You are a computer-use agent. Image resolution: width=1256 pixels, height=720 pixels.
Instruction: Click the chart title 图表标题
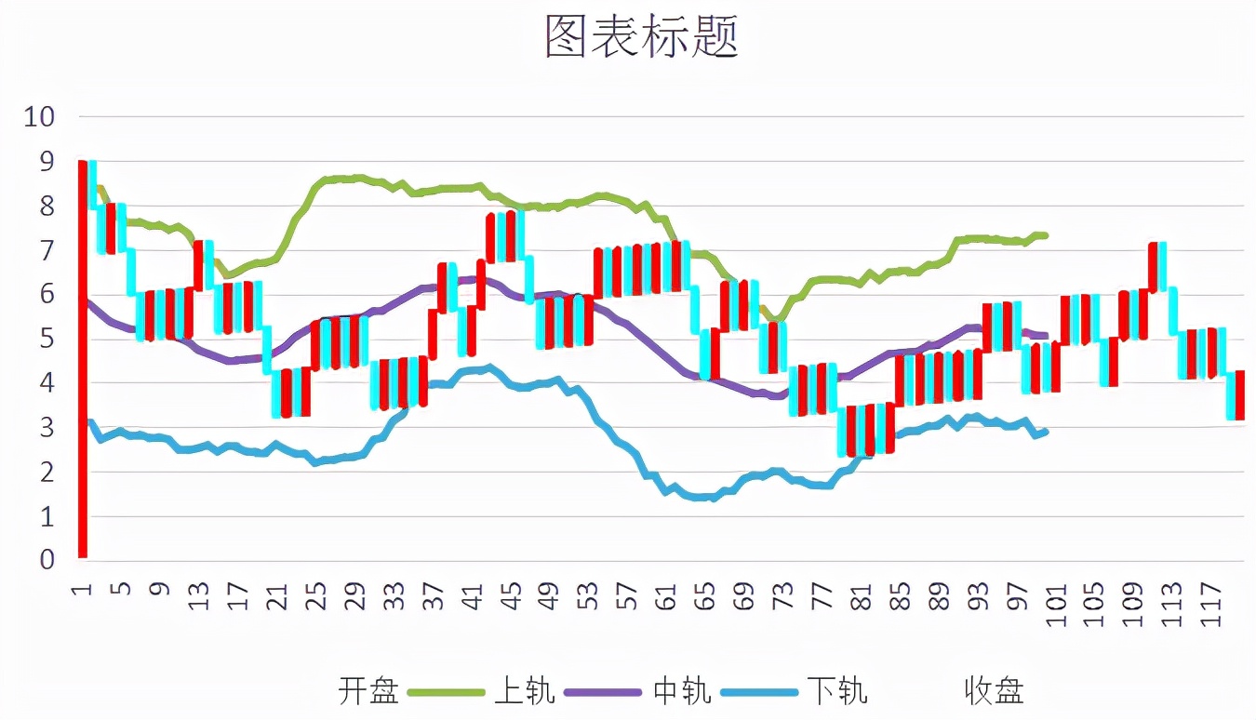click(641, 37)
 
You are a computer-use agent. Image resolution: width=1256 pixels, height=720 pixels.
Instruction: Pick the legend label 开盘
click(368, 691)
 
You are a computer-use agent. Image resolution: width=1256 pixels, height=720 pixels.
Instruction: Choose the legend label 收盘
click(994, 691)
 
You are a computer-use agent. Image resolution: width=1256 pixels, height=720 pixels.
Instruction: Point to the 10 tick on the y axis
click(40, 117)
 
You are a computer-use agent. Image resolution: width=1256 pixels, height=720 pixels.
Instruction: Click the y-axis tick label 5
click(47, 339)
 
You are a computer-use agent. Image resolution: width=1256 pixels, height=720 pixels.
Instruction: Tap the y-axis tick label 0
click(47, 560)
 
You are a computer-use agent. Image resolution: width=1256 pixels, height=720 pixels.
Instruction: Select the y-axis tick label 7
click(47, 250)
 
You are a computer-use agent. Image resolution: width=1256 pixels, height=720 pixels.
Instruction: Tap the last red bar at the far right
click(1239, 394)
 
